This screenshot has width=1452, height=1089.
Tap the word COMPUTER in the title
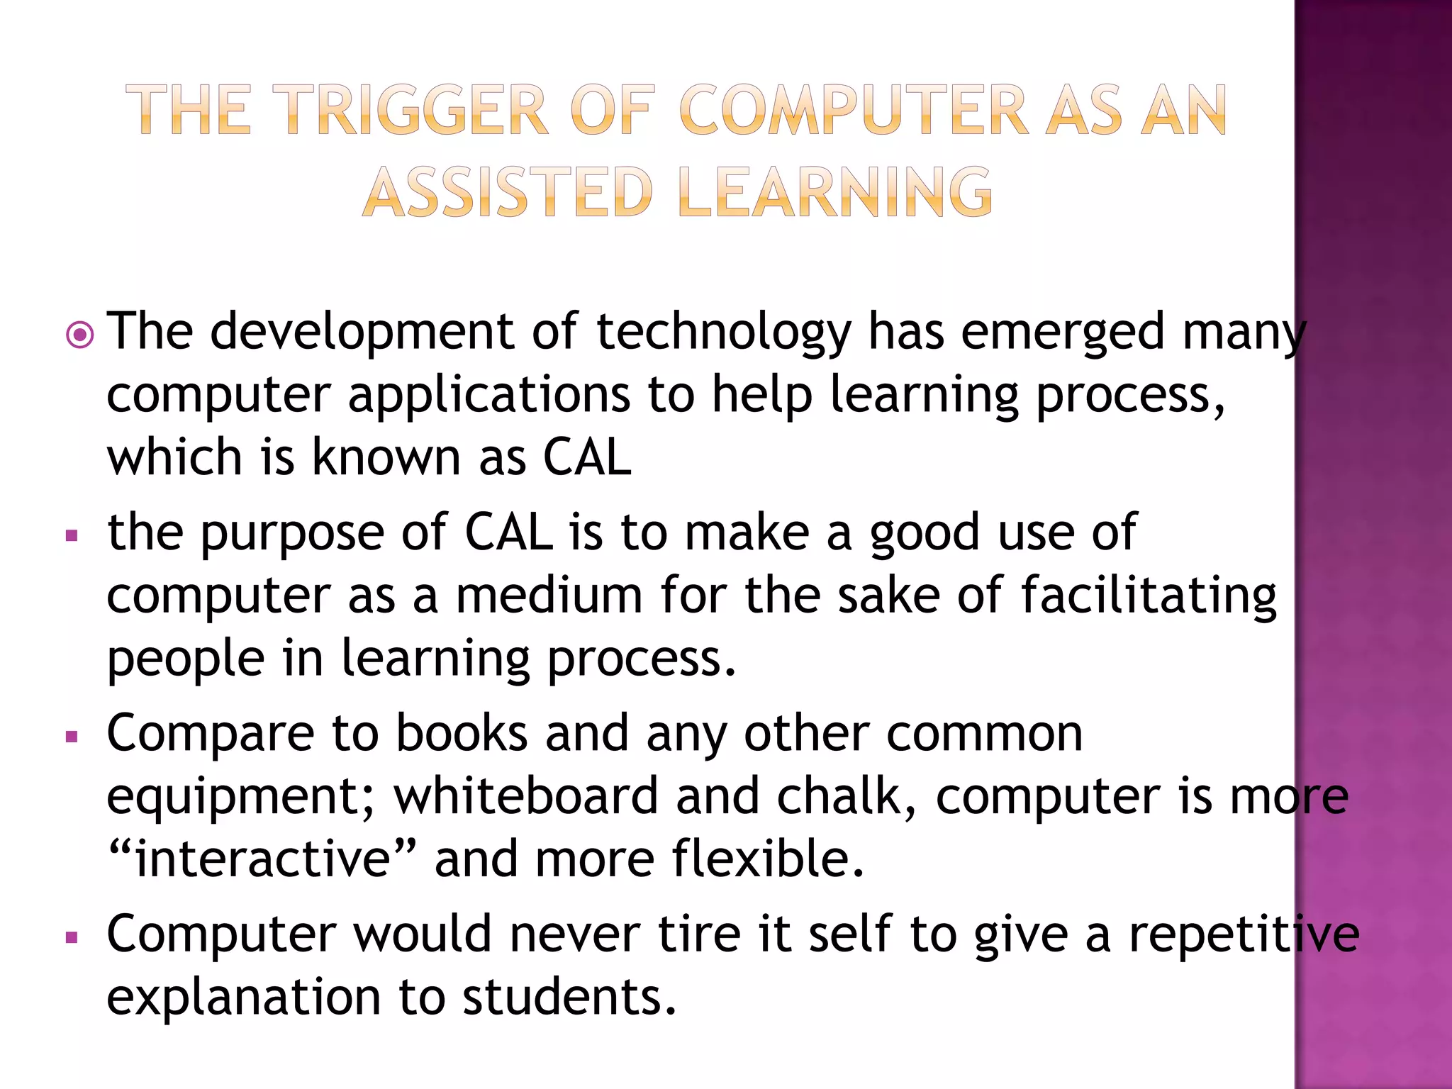[x=854, y=110]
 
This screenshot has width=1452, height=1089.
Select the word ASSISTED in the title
[x=508, y=192]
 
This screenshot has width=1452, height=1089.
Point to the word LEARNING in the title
[x=834, y=192]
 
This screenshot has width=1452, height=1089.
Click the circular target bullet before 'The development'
[x=79, y=335]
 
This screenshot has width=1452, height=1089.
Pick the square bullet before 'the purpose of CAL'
[x=71, y=535]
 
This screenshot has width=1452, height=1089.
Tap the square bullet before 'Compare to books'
[x=71, y=737]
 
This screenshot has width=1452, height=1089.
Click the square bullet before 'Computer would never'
[x=71, y=938]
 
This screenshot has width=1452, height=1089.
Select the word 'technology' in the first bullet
[x=723, y=332]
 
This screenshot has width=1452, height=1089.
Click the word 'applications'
[x=488, y=395]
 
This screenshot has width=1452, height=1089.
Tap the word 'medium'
[x=549, y=596]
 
